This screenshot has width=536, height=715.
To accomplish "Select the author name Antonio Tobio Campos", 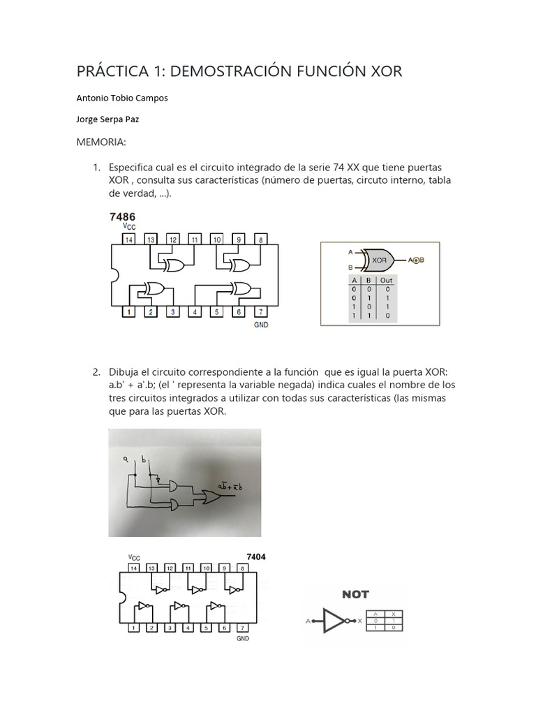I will pyautogui.click(x=121, y=98).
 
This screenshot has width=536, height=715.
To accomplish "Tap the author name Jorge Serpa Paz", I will pyautogui.click(x=107, y=119).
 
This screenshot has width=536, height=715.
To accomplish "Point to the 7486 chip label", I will pyautogui.click(x=122, y=217).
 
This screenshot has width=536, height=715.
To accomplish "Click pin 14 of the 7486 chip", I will pyautogui.click(x=128, y=239).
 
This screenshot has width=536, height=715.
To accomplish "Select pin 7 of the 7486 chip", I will pyautogui.click(x=260, y=312).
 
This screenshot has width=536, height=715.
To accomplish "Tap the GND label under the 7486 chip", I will pyautogui.click(x=261, y=325).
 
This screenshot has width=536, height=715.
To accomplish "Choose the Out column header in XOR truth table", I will pyautogui.click(x=386, y=280).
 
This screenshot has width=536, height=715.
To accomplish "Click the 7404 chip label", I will pyautogui.click(x=255, y=557).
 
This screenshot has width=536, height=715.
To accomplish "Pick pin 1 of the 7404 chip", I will pyautogui.click(x=133, y=628).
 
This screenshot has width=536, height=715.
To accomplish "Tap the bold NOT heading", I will pyautogui.click(x=355, y=595).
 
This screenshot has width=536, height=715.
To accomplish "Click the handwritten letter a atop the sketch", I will pyautogui.click(x=126, y=458).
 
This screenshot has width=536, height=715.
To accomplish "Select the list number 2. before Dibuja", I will pyautogui.click(x=97, y=371).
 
